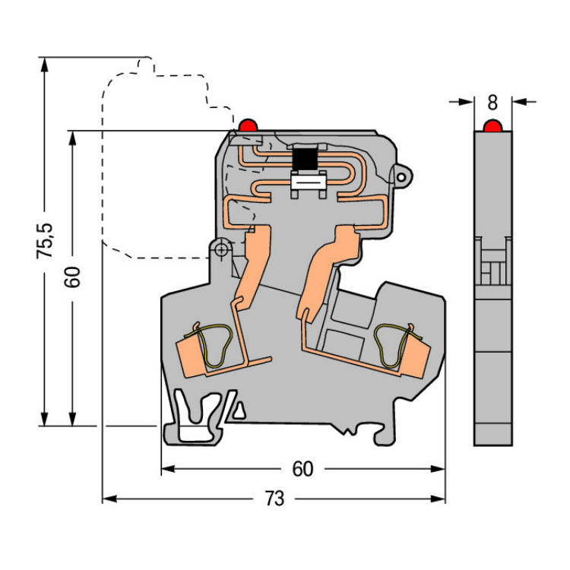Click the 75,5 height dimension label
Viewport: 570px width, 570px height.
(x=45, y=241)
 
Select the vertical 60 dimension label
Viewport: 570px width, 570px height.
(x=72, y=277)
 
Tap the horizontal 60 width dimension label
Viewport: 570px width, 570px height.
(x=302, y=469)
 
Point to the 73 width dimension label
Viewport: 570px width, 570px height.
(x=274, y=499)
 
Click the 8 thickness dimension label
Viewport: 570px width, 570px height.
(x=492, y=103)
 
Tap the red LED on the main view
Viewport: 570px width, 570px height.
(x=248, y=125)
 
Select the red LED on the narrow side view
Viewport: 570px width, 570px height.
(x=492, y=125)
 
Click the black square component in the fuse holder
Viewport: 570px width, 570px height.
(x=304, y=159)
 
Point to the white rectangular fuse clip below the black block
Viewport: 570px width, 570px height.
(x=309, y=185)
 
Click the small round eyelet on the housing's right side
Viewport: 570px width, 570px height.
(x=401, y=177)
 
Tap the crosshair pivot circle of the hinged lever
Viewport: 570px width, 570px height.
(x=220, y=250)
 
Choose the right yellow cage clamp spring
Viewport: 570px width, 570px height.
(x=395, y=345)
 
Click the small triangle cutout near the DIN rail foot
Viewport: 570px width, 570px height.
(x=239, y=410)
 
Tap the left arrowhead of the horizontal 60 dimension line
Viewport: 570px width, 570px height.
(x=168, y=469)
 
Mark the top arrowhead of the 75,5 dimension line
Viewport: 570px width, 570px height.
(x=44, y=65)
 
